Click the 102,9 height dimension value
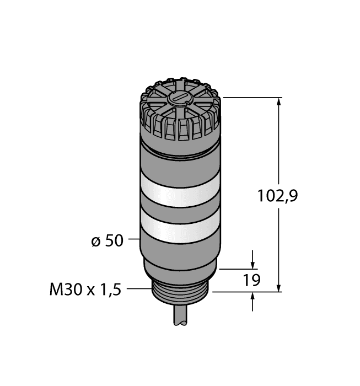278,195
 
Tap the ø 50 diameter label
106,240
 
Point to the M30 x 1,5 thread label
84,288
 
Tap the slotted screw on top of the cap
178,99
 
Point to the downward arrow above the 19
253,264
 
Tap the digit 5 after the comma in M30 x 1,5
117,288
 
